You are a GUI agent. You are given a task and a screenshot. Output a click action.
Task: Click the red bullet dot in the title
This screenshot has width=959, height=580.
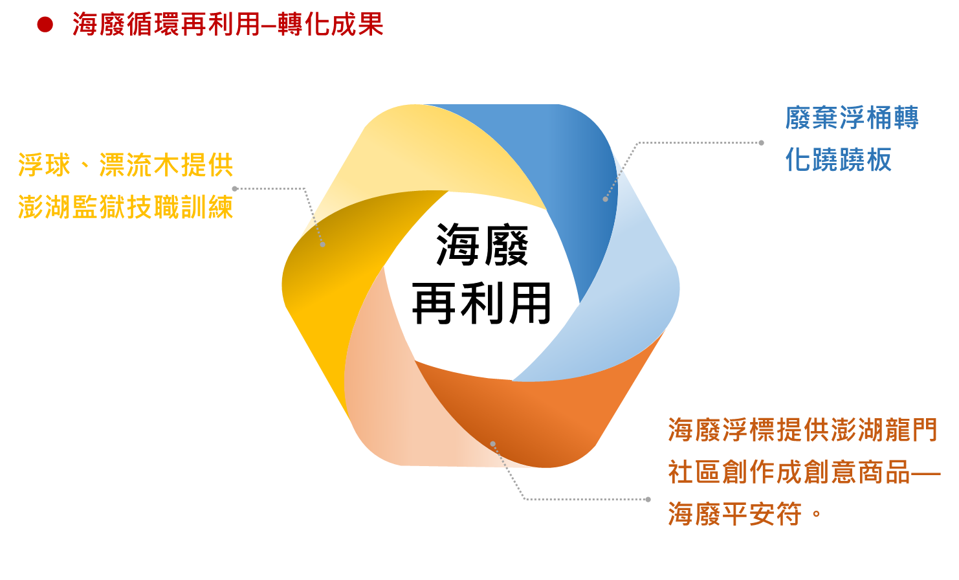tap(45, 25)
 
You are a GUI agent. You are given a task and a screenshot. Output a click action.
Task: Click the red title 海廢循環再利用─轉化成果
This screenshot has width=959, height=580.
tap(228, 25)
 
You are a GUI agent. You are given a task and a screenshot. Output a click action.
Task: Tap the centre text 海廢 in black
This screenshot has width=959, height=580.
tap(482, 245)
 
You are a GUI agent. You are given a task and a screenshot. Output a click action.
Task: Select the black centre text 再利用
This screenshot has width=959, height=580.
tap(481, 303)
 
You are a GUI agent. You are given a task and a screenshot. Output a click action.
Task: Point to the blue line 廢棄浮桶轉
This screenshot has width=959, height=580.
tap(852, 118)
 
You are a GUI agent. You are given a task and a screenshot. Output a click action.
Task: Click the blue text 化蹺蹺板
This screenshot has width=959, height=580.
tap(838, 160)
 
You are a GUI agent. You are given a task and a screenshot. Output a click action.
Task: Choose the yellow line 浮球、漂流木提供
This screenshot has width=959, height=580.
tap(126, 165)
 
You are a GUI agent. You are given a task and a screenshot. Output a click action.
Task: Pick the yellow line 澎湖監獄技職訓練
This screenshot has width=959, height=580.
tap(126, 207)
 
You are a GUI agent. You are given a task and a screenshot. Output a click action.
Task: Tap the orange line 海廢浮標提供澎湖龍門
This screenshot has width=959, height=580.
tap(802, 430)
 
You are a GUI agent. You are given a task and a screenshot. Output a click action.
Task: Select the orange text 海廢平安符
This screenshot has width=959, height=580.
tap(735, 514)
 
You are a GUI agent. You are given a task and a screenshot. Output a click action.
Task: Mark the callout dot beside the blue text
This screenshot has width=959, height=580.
tap(761, 142)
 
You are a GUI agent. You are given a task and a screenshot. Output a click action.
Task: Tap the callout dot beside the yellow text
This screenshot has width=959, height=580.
tap(235, 188)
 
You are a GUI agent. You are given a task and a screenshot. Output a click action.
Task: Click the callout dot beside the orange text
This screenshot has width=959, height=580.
tap(648, 499)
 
